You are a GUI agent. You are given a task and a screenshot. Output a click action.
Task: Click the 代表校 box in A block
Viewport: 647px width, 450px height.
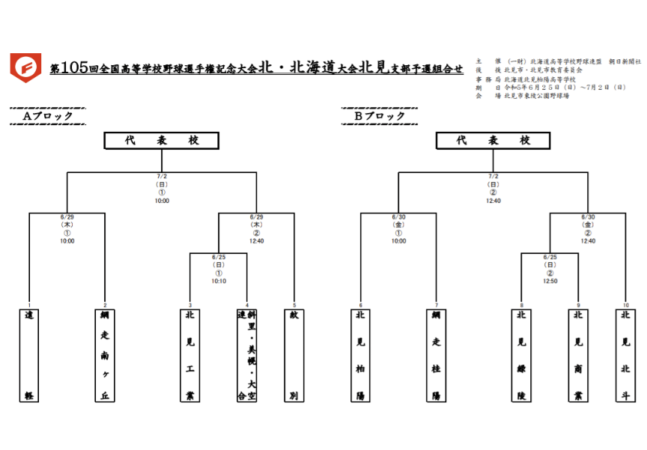tap(161, 141)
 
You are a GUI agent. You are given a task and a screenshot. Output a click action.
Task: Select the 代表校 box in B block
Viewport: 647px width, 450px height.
tap(493, 141)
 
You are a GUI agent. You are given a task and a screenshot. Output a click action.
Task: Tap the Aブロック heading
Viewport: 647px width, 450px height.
tap(48, 116)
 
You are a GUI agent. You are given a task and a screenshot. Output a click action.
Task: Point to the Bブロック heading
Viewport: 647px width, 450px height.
tap(380, 116)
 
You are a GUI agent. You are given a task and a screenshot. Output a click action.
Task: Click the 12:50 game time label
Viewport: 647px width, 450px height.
tap(550, 281)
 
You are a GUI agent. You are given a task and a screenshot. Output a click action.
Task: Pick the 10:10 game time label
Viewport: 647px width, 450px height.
tap(218, 281)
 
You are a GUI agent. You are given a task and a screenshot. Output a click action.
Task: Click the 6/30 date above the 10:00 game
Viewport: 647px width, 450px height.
tap(398, 218)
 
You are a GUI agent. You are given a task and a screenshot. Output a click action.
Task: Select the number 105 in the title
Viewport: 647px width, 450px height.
tap(75, 68)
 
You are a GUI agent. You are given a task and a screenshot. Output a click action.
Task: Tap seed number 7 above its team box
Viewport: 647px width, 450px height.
tap(436, 305)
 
